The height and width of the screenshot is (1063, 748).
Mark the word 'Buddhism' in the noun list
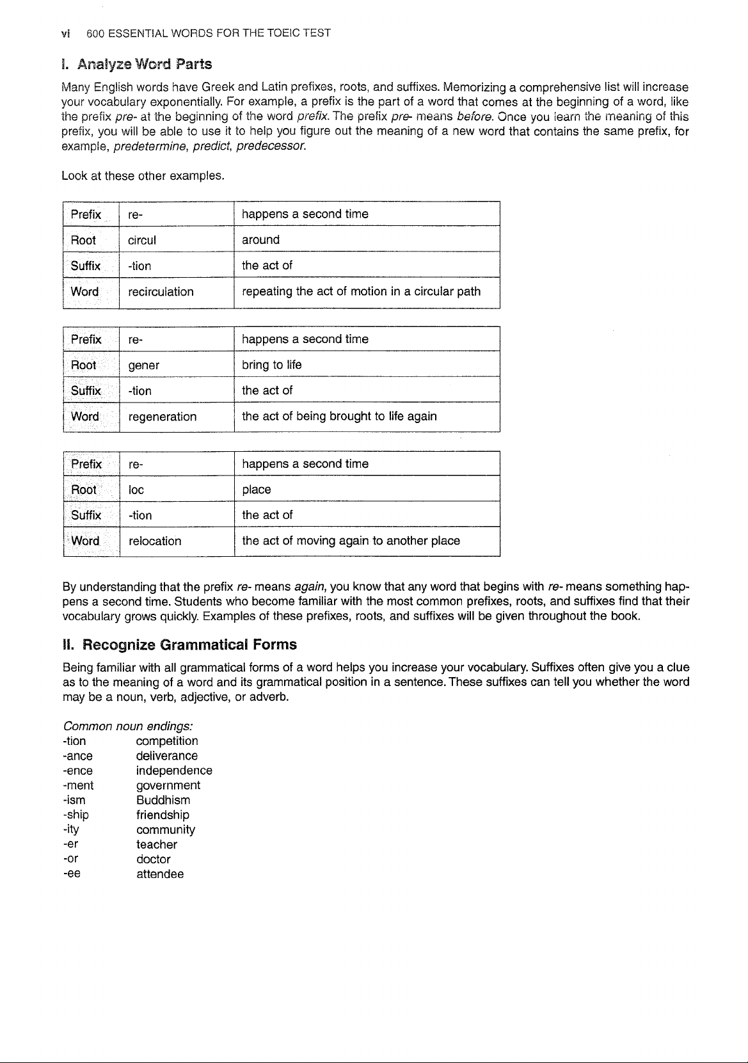coord(163,800)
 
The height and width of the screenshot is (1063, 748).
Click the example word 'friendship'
coord(163,815)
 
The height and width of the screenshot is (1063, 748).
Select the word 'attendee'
coord(160,874)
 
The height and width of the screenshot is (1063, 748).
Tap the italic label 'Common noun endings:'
coord(128,726)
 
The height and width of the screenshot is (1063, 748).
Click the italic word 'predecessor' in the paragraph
coord(271,147)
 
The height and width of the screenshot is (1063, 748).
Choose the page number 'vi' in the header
coord(66,33)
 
